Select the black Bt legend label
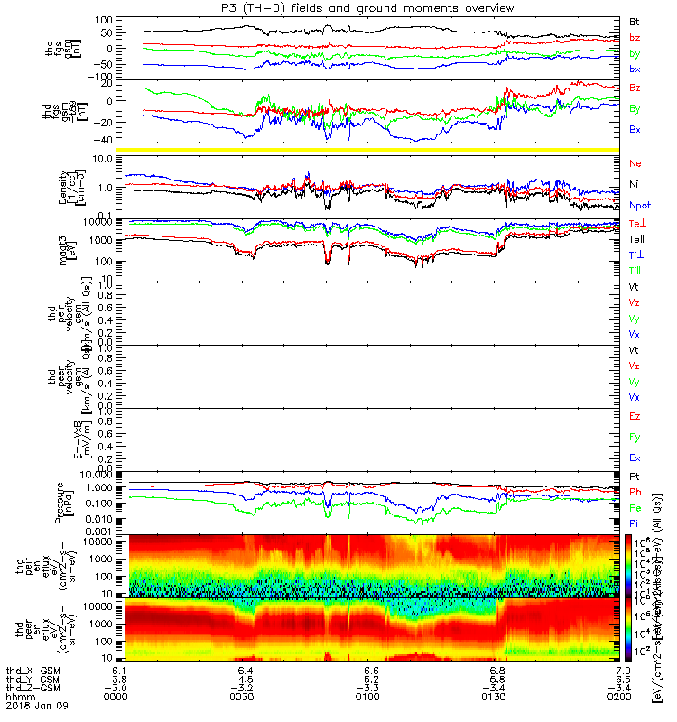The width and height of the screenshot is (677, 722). click(x=635, y=21)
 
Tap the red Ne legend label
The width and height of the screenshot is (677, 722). click(x=635, y=164)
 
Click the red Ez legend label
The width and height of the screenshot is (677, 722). click(x=635, y=417)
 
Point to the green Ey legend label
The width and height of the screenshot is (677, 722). click(x=635, y=438)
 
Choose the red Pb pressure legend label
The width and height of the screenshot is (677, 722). click(x=635, y=493)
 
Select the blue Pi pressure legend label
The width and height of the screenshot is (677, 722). click(x=635, y=523)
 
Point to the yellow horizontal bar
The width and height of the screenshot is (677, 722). click(x=373, y=149)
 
